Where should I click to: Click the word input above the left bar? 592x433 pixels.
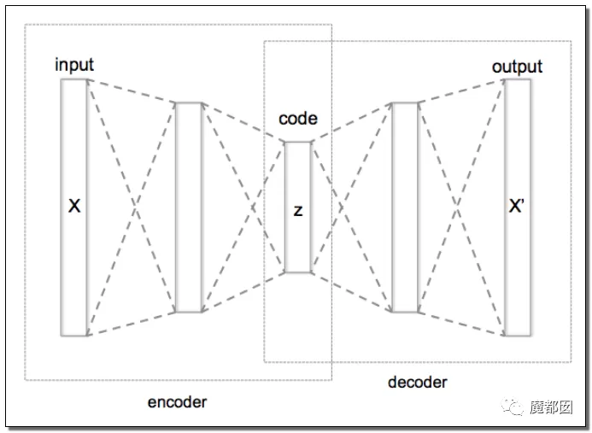point(74,65)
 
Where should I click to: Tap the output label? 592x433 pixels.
point(517,67)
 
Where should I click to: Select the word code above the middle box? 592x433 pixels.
point(298,119)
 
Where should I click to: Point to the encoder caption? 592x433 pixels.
point(177,402)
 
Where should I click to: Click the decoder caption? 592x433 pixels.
point(417,383)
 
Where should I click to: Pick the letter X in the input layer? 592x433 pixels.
point(74,206)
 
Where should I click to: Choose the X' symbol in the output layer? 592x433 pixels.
point(517,206)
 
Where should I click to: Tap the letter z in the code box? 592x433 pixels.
point(298,211)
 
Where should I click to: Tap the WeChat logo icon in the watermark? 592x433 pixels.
point(512,407)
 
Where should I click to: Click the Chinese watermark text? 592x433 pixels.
point(551,407)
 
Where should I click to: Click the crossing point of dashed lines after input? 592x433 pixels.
point(135,206)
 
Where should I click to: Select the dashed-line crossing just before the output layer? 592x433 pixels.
point(458,206)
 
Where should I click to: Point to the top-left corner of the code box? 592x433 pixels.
point(285,142)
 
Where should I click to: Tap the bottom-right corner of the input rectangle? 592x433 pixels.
point(87,336)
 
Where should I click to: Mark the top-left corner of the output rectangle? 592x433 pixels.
point(505,79)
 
